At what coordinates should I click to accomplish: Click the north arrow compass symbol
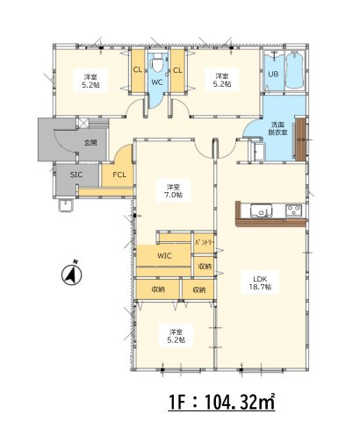tap(72, 274)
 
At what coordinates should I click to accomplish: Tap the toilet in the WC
tap(158, 63)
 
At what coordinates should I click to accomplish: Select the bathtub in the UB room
tap(295, 70)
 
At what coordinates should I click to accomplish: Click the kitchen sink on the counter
tap(261, 210)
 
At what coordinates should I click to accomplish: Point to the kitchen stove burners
tap(294, 210)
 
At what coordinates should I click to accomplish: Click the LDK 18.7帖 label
tap(260, 282)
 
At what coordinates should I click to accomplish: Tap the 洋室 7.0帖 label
tap(174, 190)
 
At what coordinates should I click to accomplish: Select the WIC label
tap(164, 256)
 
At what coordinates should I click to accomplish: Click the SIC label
tap(76, 175)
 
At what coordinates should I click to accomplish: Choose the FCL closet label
tap(119, 175)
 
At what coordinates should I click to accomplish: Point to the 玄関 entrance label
tap(90, 143)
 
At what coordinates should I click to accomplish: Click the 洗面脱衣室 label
tap(277, 129)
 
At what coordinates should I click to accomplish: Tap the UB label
tap(273, 74)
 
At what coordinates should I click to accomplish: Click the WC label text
tap(157, 82)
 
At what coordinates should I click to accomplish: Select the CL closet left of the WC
tap(138, 70)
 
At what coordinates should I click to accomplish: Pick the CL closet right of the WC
tap(177, 70)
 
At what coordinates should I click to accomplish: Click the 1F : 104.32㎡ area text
tap(222, 402)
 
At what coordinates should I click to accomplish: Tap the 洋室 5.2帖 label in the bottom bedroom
tap(176, 336)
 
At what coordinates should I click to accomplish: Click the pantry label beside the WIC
tap(205, 242)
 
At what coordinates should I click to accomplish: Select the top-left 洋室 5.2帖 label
tap(90, 81)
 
